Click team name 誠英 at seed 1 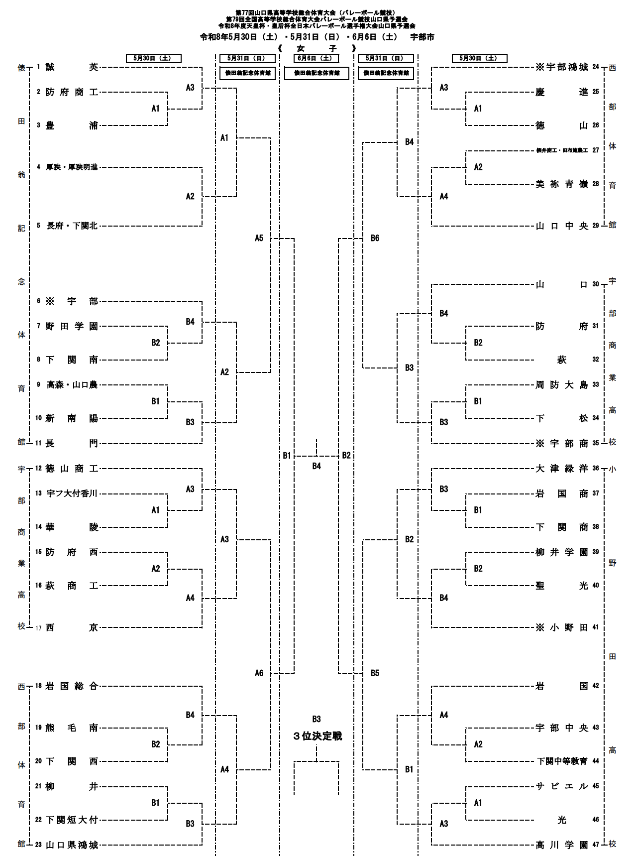tap(72, 67)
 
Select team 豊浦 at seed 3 tap(72, 125)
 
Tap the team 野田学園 tap(72, 326)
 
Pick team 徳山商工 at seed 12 tap(72, 469)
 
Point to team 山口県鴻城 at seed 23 tap(72, 845)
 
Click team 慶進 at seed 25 tap(561, 92)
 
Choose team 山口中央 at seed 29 tap(561, 226)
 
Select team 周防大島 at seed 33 tap(561, 385)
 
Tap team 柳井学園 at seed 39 tap(561, 552)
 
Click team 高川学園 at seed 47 tap(561, 845)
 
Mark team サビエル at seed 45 tap(561, 786)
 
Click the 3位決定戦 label tap(317, 736)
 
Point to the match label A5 tap(259, 238)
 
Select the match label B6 tap(375, 238)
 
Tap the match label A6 tap(259, 673)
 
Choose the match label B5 tap(375, 673)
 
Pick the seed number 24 tap(596, 67)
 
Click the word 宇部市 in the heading tap(422, 37)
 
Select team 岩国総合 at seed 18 tap(72, 686)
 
